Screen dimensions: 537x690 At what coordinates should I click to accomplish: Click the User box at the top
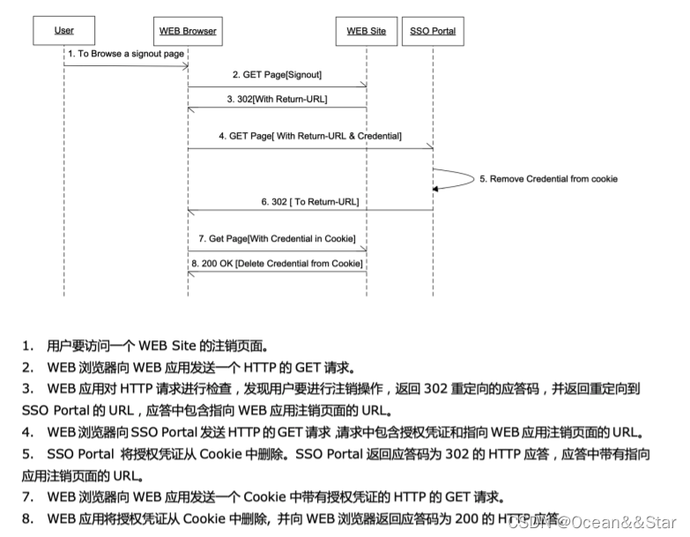click(x=63, y=31)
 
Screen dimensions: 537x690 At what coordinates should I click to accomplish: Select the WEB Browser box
click(x=188, y=31)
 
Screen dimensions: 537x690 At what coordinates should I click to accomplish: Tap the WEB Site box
click(x=366, y=31)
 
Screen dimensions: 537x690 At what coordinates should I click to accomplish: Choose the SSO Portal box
click(x=433, y=31)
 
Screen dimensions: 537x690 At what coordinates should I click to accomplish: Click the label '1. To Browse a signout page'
click(x=126, y=54)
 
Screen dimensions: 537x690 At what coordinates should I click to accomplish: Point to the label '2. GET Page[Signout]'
click(x=277, y=76)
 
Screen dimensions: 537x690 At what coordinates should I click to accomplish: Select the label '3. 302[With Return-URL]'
click(x=277, y=99)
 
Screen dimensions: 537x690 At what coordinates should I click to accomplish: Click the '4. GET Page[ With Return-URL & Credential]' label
click(x=310, y=136)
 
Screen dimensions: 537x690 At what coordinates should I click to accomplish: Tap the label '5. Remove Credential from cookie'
click(x=548, y=179)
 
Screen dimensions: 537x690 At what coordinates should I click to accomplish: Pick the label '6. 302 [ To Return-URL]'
click(x=310, y=202)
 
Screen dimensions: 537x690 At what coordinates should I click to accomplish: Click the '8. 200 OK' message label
click(x=277, y=262)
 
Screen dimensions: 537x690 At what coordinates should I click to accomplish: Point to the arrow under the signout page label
click(x=126, y=65)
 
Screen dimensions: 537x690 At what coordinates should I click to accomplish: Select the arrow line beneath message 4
click(x=310, y=147)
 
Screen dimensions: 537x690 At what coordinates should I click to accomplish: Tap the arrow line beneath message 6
click(x=310, y=211)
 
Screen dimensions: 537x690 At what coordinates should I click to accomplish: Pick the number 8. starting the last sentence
click(x=29, y=518)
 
